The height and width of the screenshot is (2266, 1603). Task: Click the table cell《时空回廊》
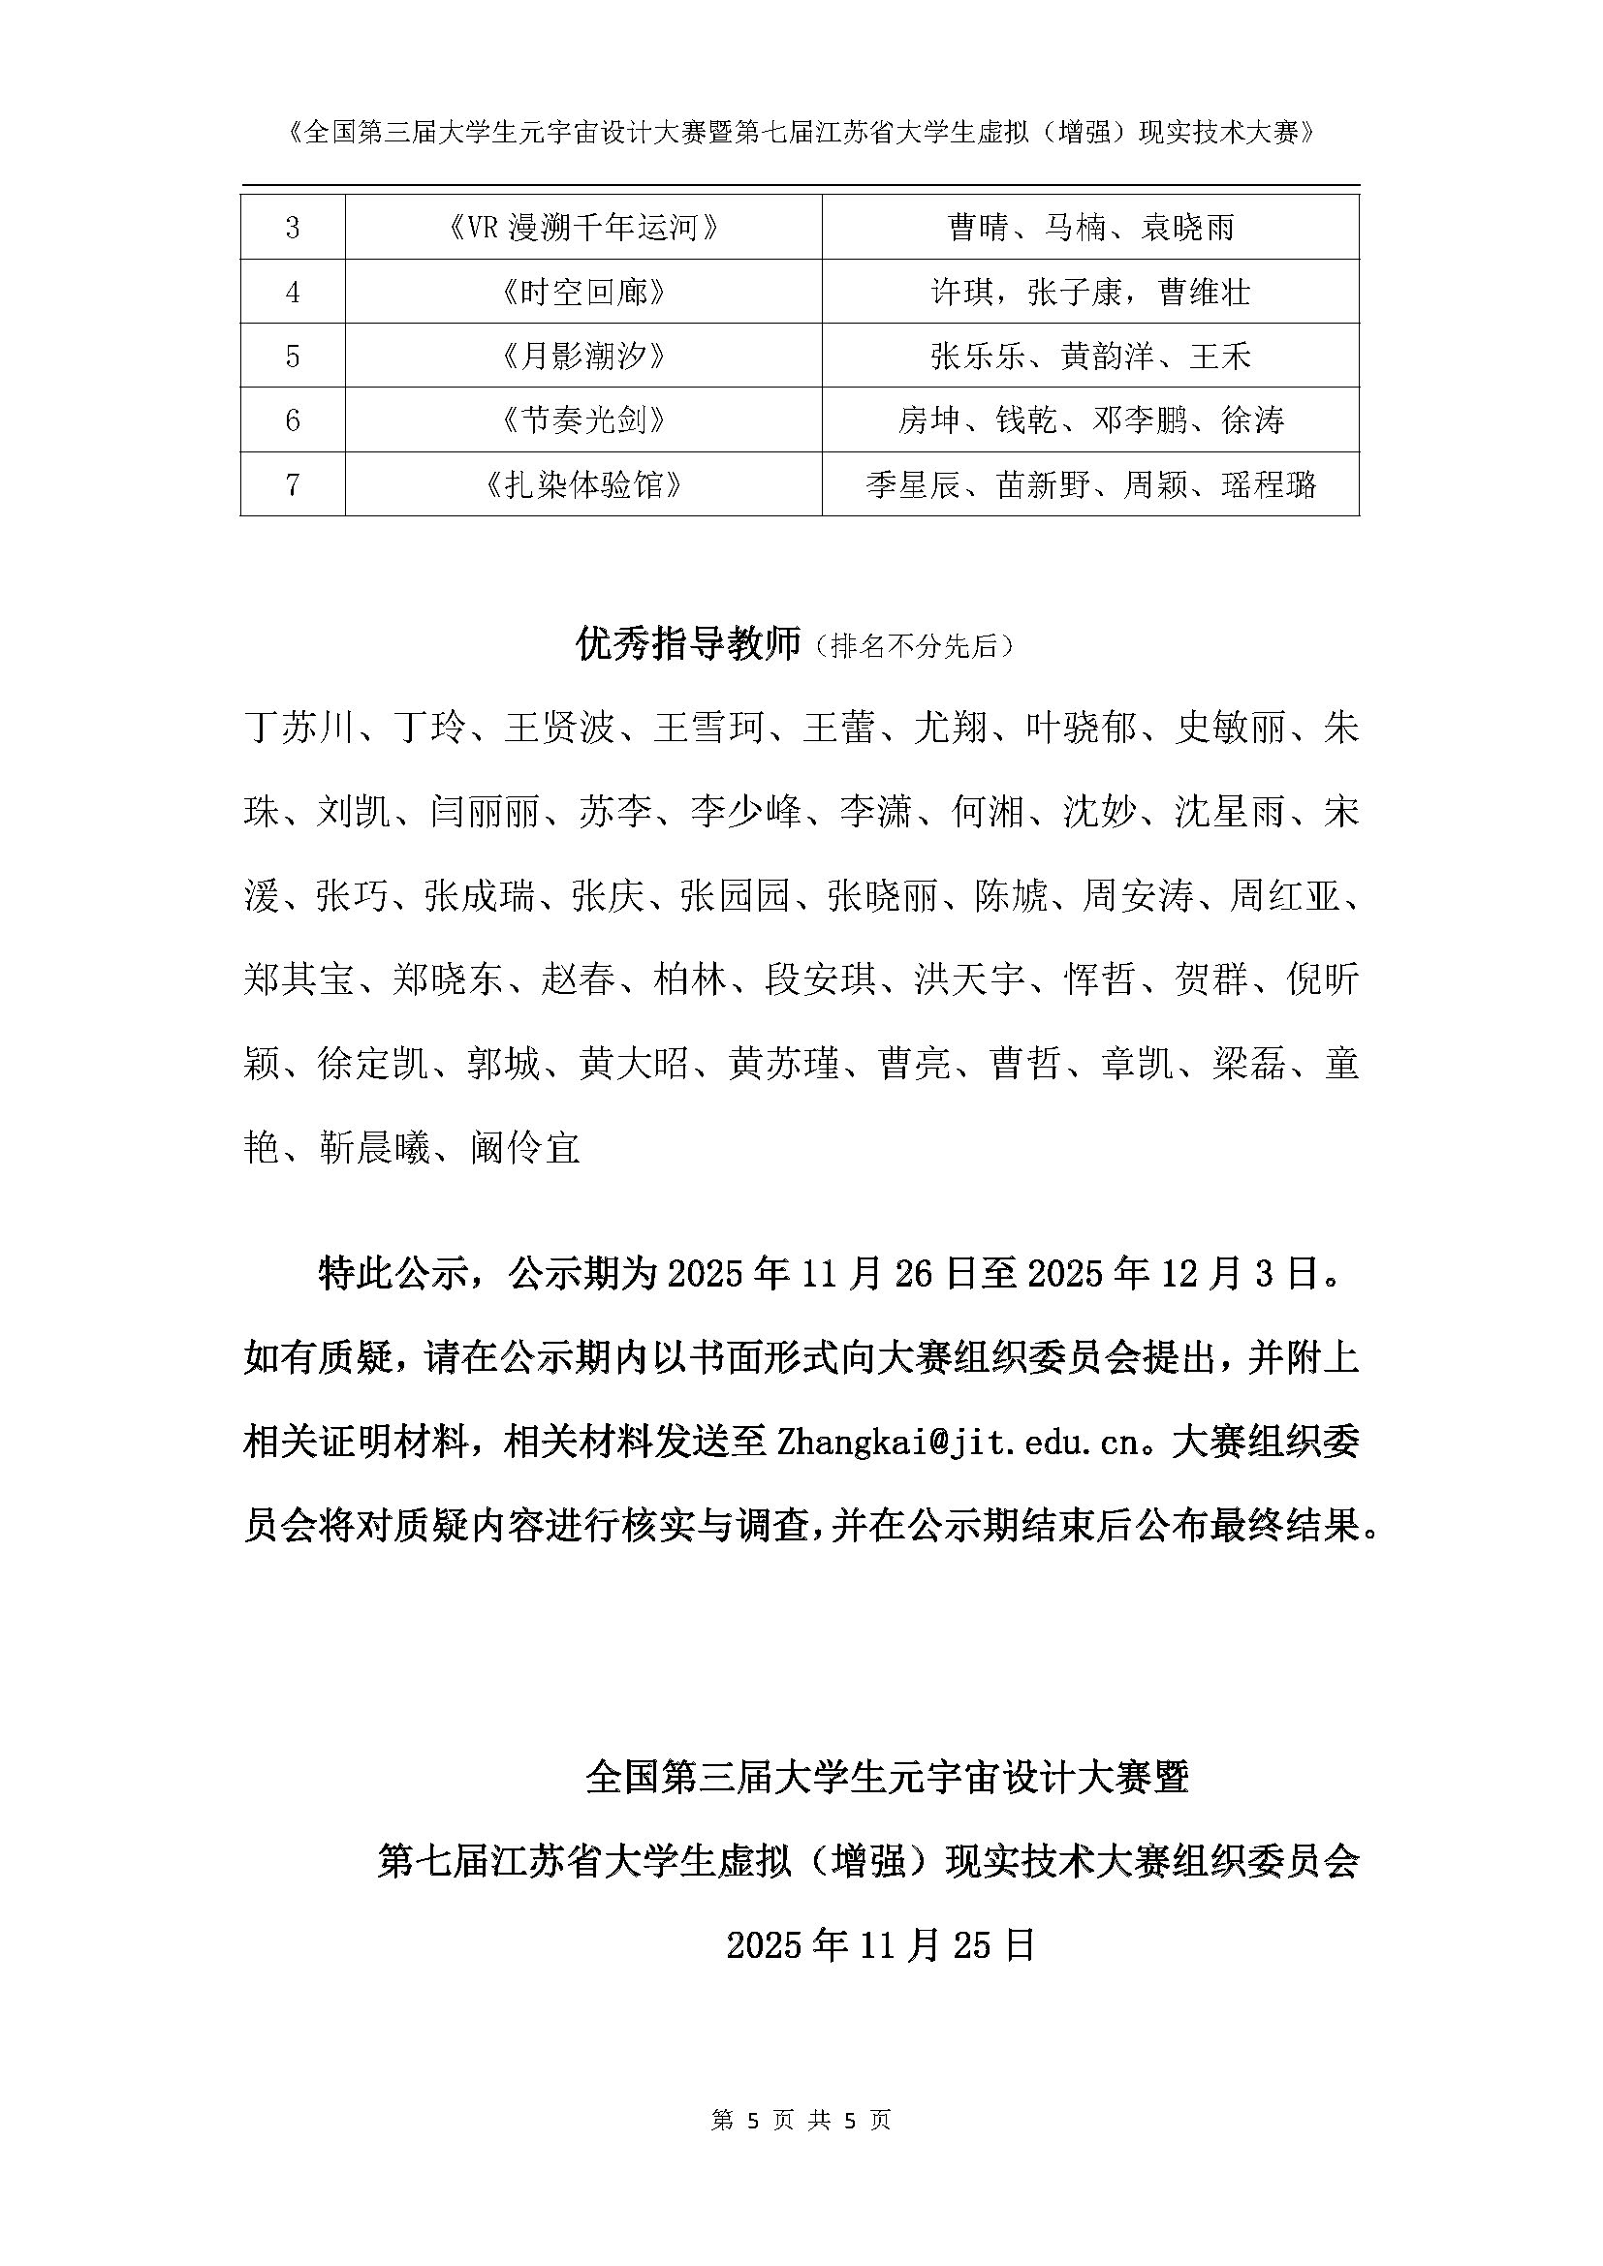tap(582, 293)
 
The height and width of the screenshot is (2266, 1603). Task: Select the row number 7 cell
tap(292, 484)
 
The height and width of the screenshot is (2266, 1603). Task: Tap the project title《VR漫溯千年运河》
tap(582, 228)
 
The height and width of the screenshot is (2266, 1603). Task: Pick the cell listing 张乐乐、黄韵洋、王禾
tap(1089, 357)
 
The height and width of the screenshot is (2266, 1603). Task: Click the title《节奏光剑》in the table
tap(582, 420)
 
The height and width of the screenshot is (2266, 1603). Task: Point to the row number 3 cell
tap(292, 228)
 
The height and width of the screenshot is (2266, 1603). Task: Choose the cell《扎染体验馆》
tap(582, 484)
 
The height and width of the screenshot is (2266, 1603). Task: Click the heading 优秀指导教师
tap(687, 645)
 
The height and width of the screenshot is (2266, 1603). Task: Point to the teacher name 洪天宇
tap(969, 980)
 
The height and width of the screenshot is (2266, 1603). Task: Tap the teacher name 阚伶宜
tap(525, 1148)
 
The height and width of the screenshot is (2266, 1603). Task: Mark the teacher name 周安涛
tap(1138, 896)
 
